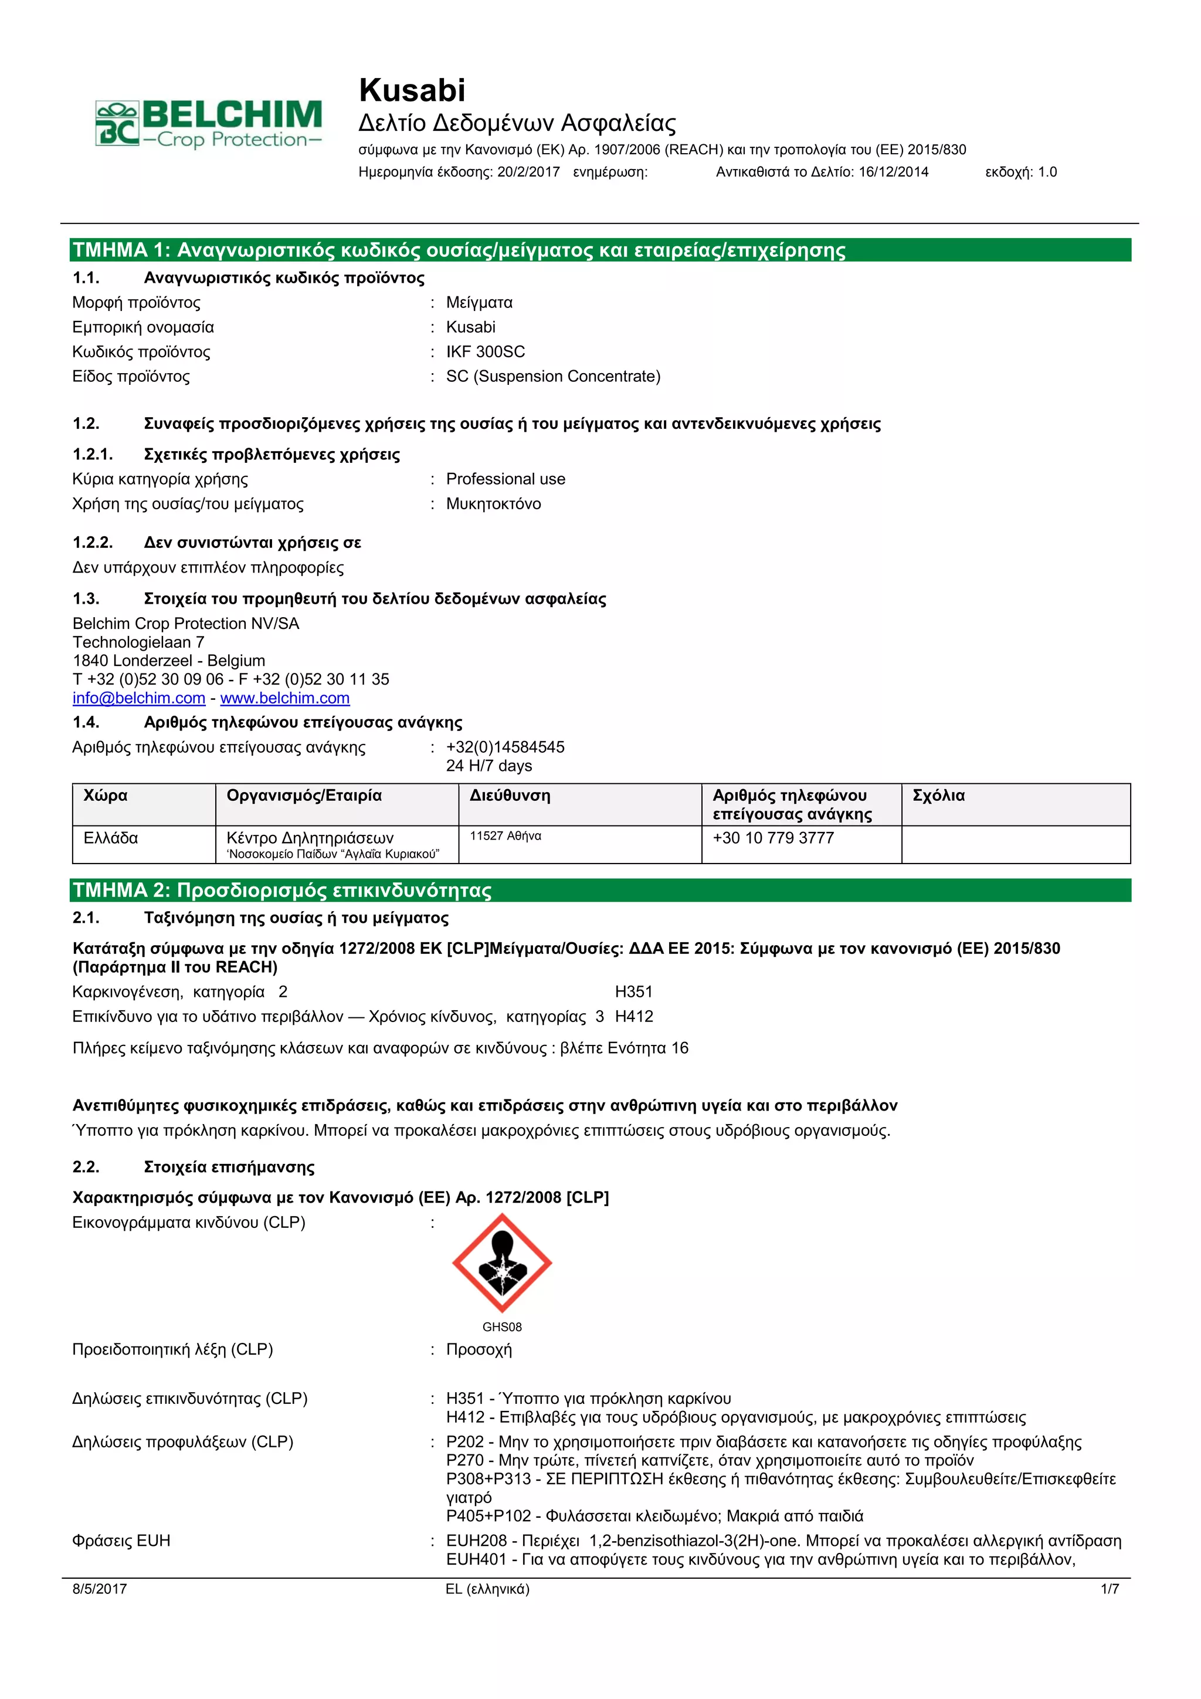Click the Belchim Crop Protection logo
(209, 124)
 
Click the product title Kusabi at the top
(412, 90)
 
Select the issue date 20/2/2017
(528, 172)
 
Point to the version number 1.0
(1047, 172)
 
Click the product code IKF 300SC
(485, 351)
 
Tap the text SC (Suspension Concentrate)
(552, 377)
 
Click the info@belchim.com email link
(138, 698)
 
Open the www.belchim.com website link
(285, 698)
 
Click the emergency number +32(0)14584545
(505, 747)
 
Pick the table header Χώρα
(105, 796)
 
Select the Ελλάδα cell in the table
(111, 838)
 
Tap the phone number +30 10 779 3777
(773, 838)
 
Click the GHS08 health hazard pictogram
(502, 1263)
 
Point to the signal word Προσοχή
(479, 1349)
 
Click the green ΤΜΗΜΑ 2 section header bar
(600, 890)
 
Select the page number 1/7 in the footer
(1110, 1589)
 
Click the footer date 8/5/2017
(99, 1589)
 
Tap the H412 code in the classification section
(634, 1017)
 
